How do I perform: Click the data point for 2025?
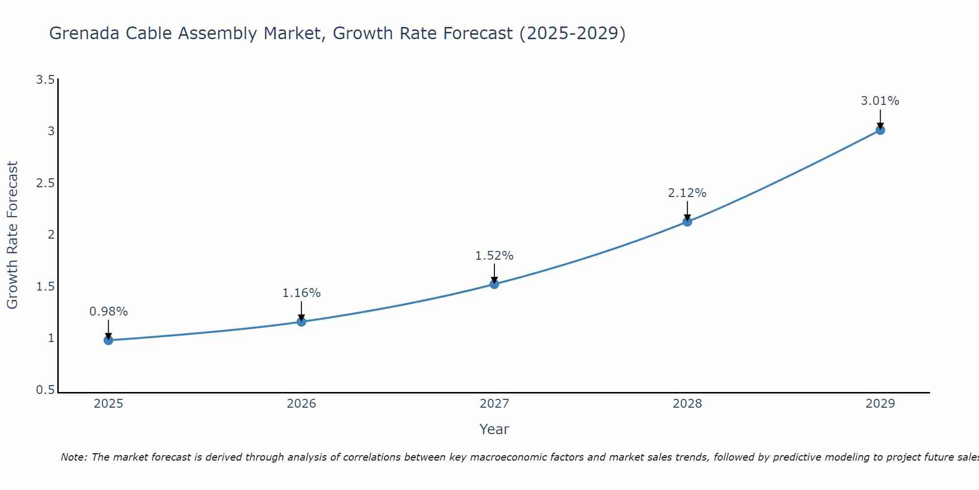(108, 340)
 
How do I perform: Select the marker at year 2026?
(302, 321)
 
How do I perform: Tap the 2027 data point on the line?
(494, 284)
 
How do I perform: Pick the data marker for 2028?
(687, 221)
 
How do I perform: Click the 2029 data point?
(880, 130)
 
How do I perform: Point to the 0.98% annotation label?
(108, 312)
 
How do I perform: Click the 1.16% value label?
(302, 293)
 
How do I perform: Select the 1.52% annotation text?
(494, 256)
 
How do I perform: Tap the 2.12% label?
(687, 193)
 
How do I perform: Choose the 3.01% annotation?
(880, 101)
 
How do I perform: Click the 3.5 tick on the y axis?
(45, 79)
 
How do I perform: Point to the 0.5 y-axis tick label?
(45, 390)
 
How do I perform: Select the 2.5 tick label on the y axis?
(45, 183)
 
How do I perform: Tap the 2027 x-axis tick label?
(494, 404)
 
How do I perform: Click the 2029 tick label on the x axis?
(880, 404)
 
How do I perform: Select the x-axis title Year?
(494, 429)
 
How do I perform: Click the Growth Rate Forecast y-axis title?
(12, 235)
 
